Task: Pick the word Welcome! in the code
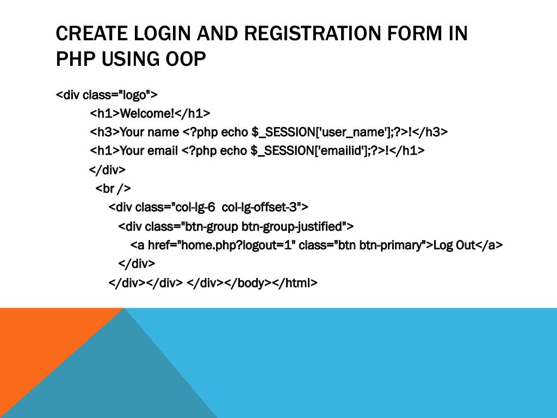(x=146, y=114)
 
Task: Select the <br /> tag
(x=113, y=188)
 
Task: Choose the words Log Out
(x=454, y=245)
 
